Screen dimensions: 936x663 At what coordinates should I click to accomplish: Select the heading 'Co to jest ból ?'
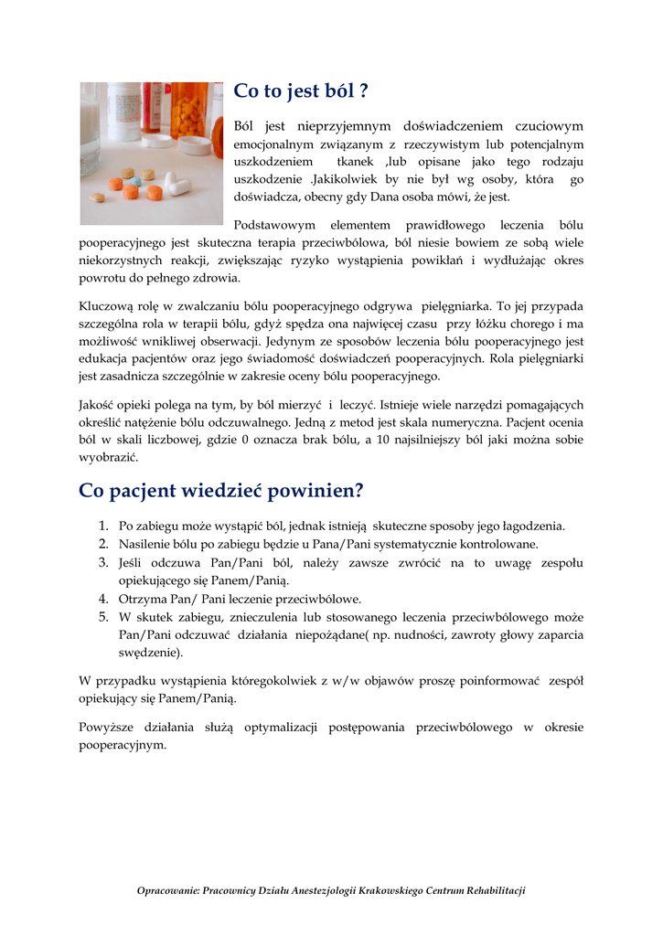pos(301,91)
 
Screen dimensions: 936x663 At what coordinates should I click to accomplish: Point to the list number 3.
pos(103,562)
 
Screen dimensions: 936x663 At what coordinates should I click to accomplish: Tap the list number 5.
pos(103,617)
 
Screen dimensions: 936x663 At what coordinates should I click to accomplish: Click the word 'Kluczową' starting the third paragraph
pos(107,306)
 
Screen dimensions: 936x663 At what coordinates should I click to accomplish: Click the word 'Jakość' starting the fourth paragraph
pos(99,404)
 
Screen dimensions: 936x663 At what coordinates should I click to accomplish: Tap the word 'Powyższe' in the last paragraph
pos(107,728)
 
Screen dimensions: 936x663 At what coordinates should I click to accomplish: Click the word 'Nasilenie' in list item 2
pos(144,544)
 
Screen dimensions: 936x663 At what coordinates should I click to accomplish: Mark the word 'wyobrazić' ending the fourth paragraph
pos(108,457)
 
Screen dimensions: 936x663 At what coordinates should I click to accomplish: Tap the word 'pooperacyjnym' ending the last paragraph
pos(122,745)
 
